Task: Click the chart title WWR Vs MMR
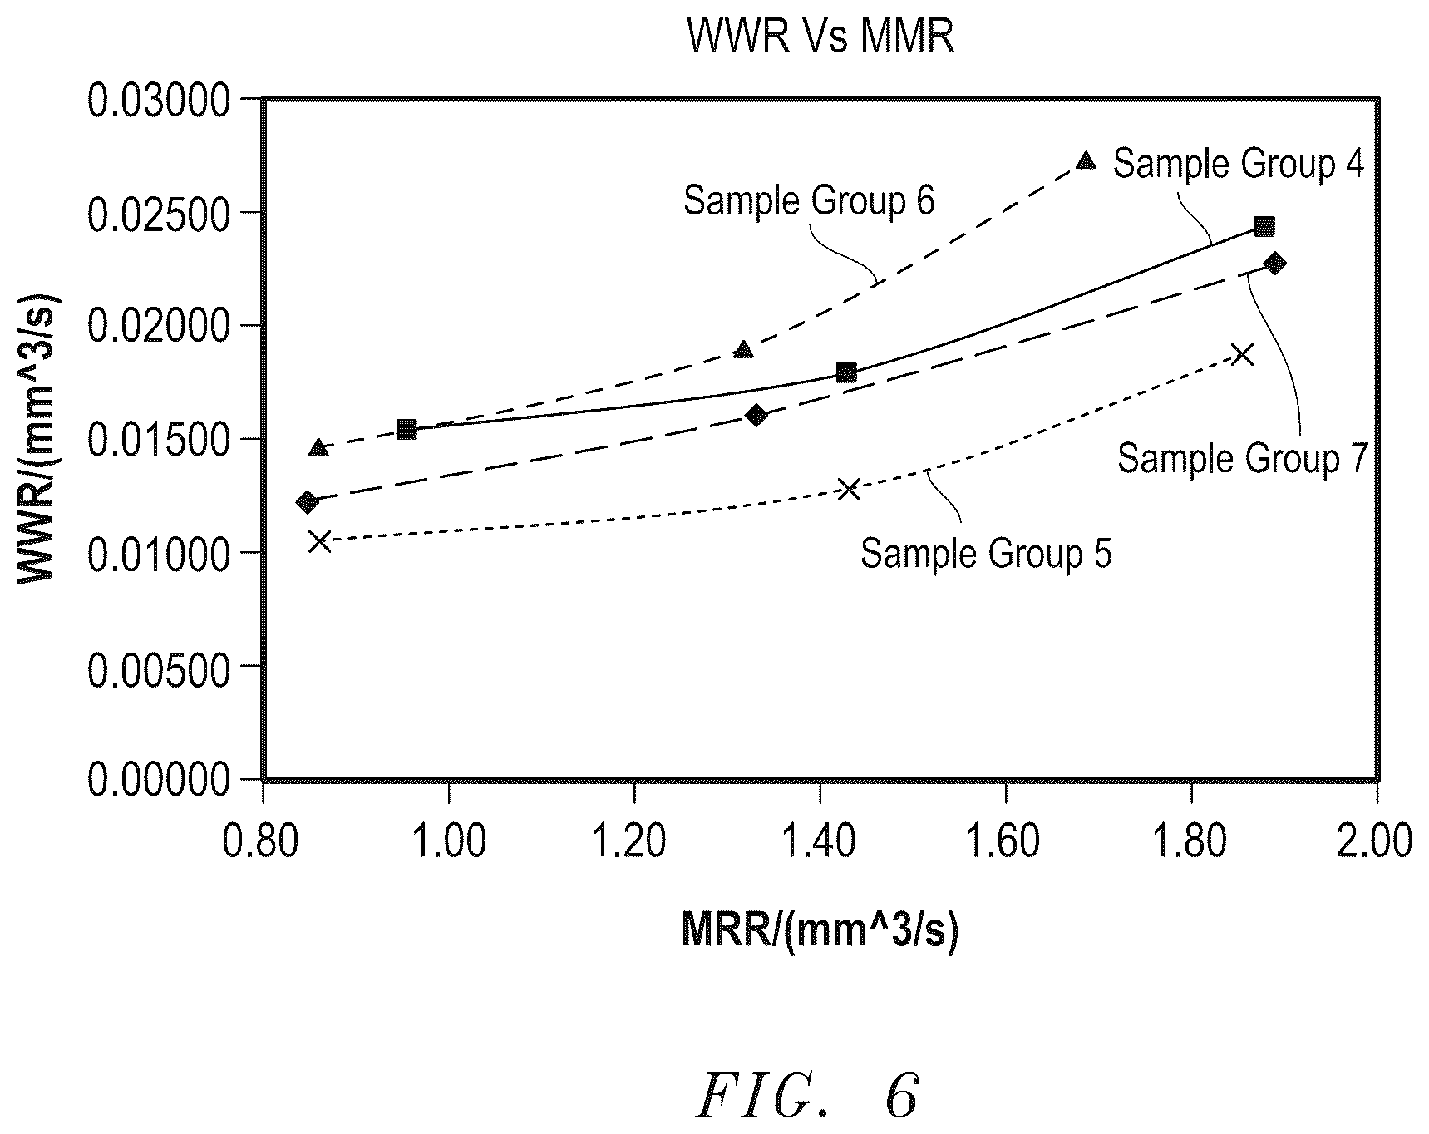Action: [820, 37]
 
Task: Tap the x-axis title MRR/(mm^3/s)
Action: [820, 929]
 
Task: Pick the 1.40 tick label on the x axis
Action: [820, 841]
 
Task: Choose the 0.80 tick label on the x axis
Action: [263, 841]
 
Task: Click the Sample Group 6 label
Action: [809, 202]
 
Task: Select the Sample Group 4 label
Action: [1239, 164]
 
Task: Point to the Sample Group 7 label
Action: [1242, 458]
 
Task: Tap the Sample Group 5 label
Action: [986, 553]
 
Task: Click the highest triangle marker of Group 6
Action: [1086, 160]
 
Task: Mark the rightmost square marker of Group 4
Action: [1264, 227]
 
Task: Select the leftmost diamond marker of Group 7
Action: [308, 502]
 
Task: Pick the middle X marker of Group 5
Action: [848, 489]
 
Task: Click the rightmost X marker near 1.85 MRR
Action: [1242, 355]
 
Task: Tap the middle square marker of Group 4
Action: [846, 372]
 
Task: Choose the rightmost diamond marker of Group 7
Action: [1274, 264]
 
